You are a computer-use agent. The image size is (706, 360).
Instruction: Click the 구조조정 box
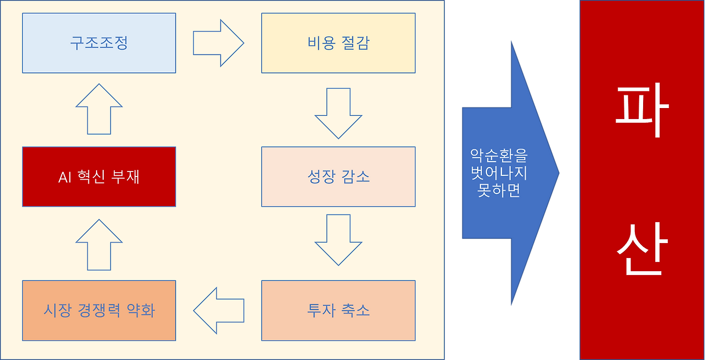point(99,43)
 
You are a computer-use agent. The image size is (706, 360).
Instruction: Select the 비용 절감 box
point(338,43)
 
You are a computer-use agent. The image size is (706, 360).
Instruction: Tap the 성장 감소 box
point(338,177)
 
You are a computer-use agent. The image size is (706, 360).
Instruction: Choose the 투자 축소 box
point(338,310)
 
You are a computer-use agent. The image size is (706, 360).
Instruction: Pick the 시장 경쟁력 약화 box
point(99,310)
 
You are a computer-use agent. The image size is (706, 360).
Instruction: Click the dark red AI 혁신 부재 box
point(99,177)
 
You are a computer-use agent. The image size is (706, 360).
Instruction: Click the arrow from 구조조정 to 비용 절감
point(218,43)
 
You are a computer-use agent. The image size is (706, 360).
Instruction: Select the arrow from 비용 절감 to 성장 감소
point(338,114)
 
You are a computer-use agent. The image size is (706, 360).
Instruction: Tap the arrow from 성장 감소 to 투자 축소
point(338,240)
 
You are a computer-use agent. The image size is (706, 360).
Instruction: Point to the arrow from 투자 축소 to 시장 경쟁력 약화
point(218,310)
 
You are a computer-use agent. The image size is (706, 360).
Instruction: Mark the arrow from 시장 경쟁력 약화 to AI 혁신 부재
point(99,245)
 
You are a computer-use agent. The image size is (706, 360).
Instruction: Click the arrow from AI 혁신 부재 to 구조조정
point(99,109)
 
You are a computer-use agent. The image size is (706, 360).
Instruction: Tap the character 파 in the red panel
point(642,110)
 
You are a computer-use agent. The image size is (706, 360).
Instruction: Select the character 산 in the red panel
point(642,249)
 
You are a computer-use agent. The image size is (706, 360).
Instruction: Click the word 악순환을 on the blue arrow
point(499,155)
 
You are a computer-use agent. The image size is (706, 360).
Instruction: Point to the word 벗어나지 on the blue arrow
point(499,173)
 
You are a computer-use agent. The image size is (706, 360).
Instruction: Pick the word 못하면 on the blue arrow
point(499,190)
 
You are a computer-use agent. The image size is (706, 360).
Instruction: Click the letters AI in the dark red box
point(65,178)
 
